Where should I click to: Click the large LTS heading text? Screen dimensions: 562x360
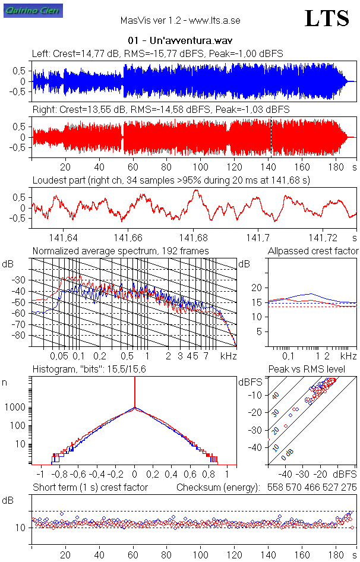pyautogui.click(x=327, y=19)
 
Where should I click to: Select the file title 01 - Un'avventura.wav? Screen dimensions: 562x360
pyautogui.click(x=180, y=41)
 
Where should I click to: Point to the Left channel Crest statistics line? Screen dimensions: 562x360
pyautogui.click(x=157, y=53)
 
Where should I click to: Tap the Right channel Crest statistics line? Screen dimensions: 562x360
pyautogui.click(x=160, y=109)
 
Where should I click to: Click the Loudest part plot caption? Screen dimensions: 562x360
pyautogui.click(x=171, y=180)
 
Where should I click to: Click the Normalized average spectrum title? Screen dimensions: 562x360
pyautogui.click(x=121, y=251)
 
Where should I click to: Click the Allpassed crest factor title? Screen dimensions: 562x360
pyautogui.click(x=313, y=251)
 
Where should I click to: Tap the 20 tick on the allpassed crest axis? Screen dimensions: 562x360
pyautogui.click(x=257, y=288)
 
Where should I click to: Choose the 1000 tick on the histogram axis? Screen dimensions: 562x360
pyautogui.click(x=17, y=408)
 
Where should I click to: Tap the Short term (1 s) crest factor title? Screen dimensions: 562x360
pyautogui.click(x=90, y=487)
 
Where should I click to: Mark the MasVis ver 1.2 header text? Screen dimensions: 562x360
pyautogui.click(x=180, y=20)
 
